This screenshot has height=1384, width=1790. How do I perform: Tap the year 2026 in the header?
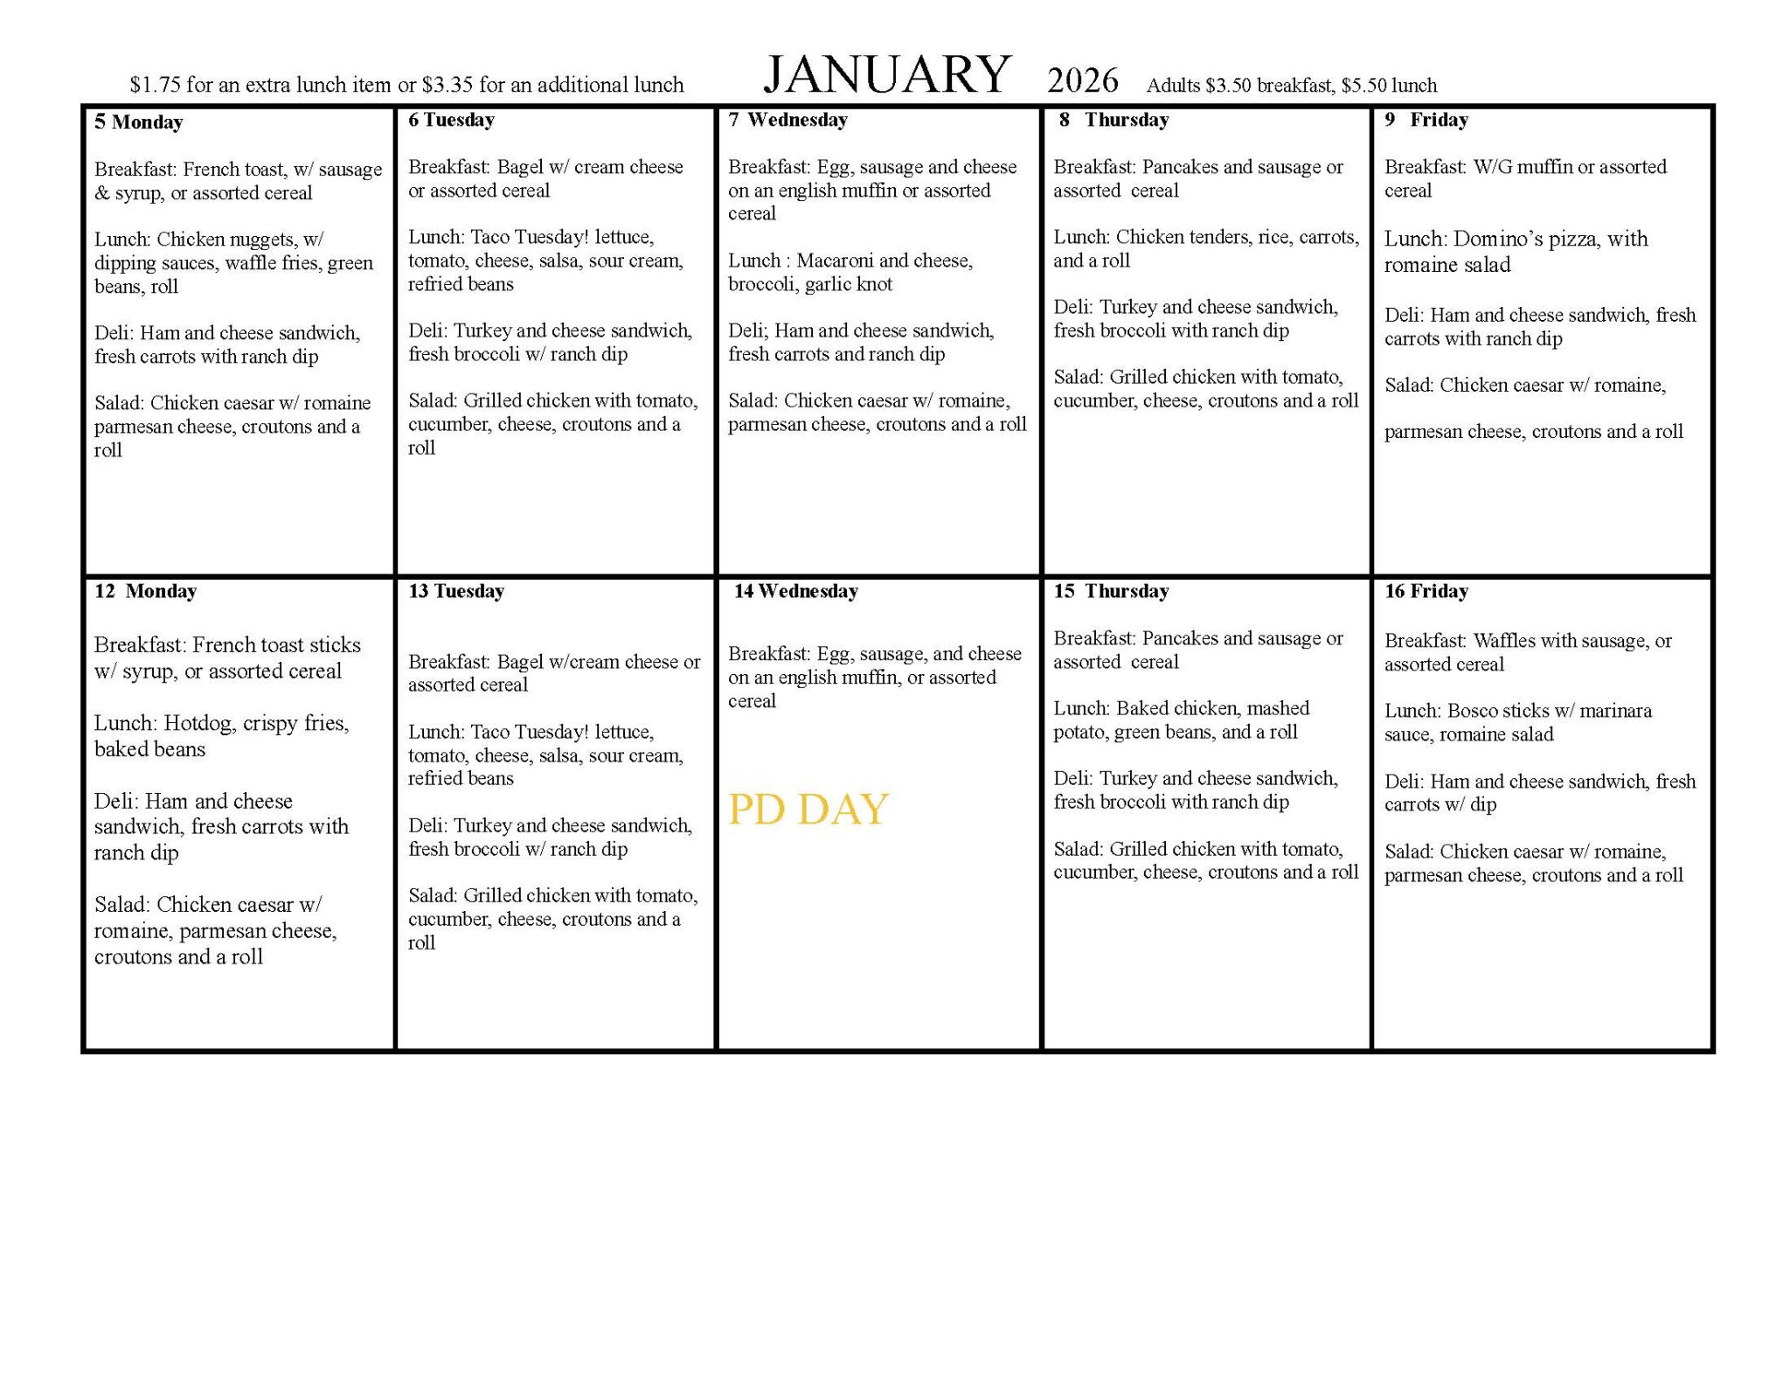1082,80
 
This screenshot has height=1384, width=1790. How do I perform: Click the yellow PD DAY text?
808,809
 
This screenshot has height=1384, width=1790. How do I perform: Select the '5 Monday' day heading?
139,122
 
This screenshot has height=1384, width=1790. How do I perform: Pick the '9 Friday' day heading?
1426,120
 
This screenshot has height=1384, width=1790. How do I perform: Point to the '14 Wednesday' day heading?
795,591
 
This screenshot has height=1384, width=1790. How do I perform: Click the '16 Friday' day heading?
1426,591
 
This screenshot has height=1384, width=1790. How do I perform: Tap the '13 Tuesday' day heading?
456,591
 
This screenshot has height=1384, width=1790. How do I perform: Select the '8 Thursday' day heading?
1114,120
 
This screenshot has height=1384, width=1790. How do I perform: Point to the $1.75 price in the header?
156,85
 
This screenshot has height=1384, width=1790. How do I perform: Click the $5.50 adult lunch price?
1363,86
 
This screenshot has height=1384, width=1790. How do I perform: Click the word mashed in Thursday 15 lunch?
1278,708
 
